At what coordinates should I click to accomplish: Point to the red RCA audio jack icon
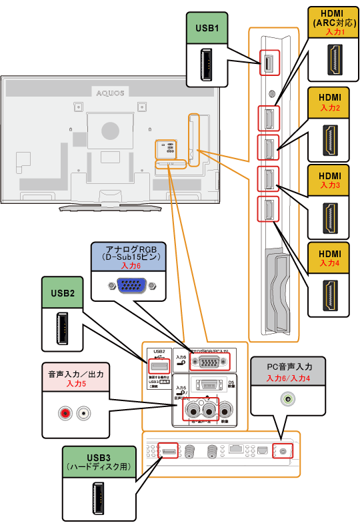[65, 414]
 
